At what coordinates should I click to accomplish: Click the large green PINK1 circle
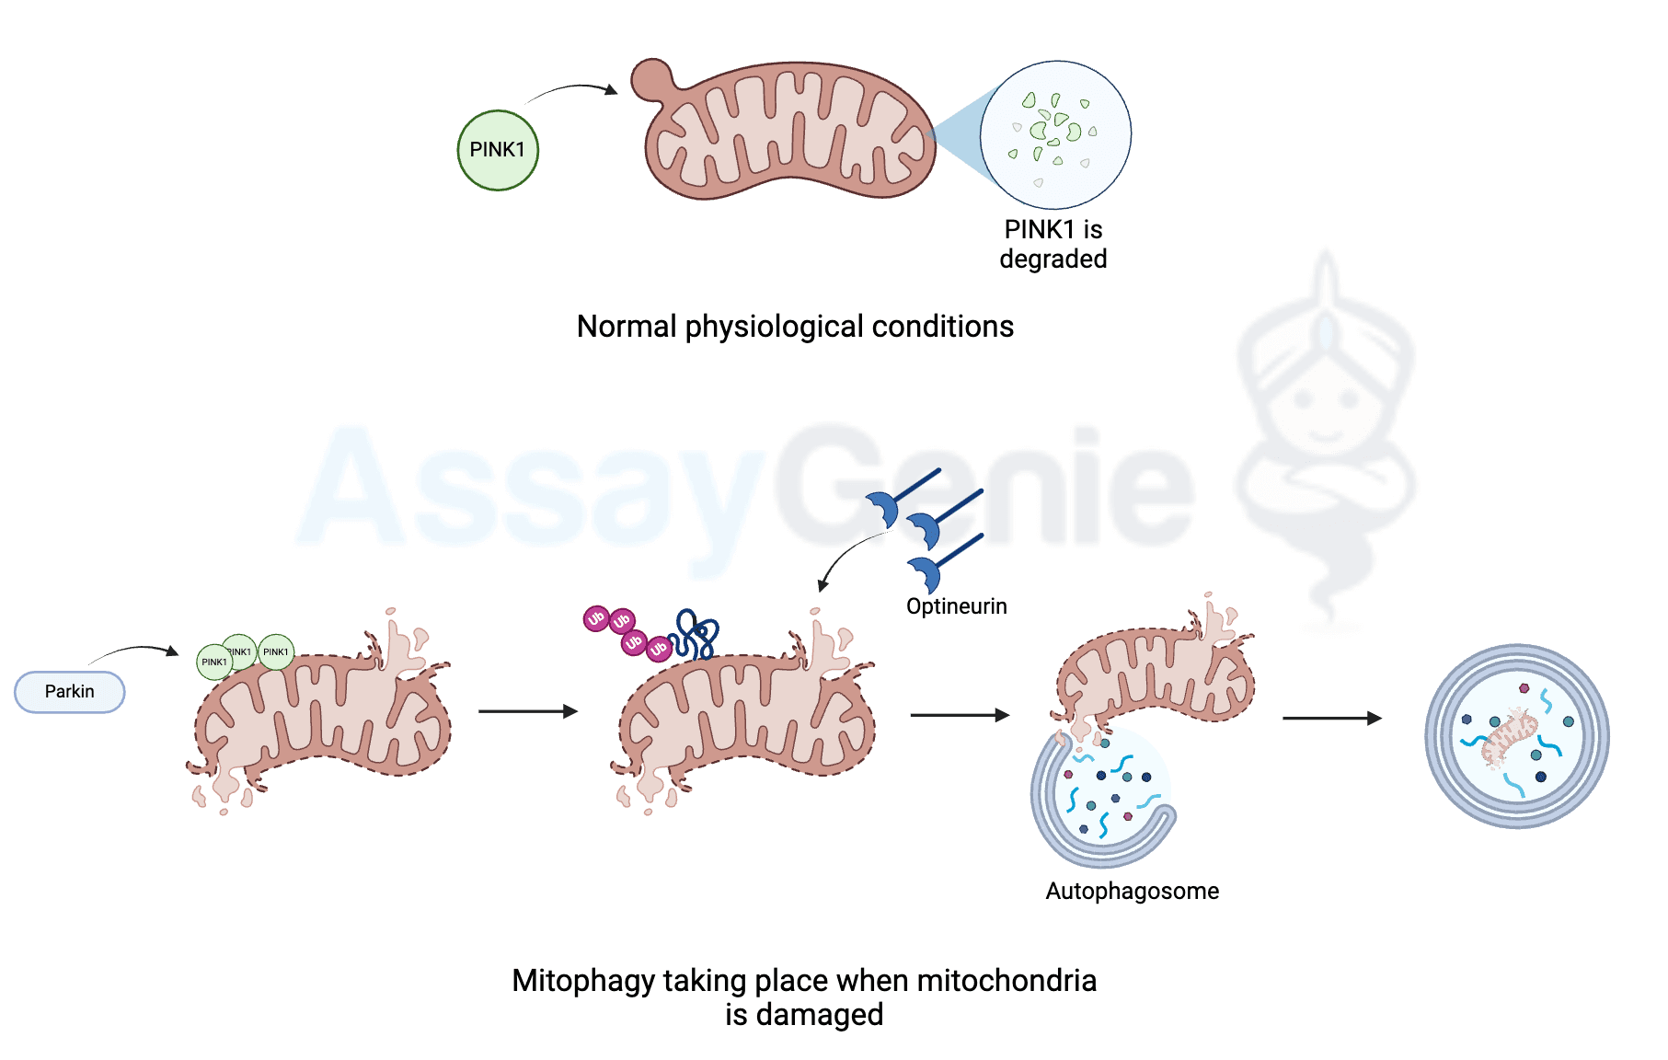pyautogui.click(x=498, y=150)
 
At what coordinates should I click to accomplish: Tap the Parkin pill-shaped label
pyautogui.click(x=70, y=692)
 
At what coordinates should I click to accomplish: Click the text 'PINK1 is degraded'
pyautogui.click(x=1053, y=244)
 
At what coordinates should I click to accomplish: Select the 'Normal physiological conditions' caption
pyautogui.click(x=795, y=327)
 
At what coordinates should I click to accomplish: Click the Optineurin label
pyautogui.click(x=956, y=606)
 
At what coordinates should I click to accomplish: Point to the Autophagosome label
pyautogui.click(x=1132, y=891)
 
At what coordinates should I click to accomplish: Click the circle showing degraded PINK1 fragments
pyautogui.click(x=1055, y=134)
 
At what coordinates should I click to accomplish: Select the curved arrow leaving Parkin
pyautogui.click(x=133, y=651)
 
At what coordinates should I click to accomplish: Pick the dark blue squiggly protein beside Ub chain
pyautogui.click(x=696, y=635)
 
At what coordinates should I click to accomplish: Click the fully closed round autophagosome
pyautogui.click(x=1516, y=736)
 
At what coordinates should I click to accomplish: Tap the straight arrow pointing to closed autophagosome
pyautogui.click(x=1331, y=719)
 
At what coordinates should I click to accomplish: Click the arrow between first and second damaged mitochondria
pyautogui.click(x=527, y=711)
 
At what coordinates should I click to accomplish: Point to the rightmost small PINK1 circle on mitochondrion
pyautogui.click(x=276, y=652)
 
